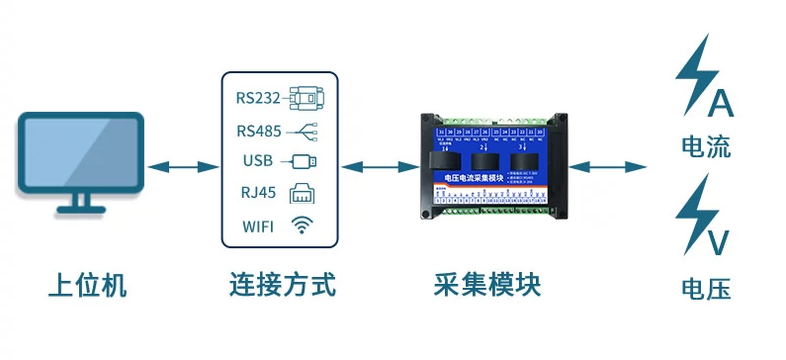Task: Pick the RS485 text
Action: pos(258,130)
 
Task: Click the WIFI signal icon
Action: pos(301,225)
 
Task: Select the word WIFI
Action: pos(259,226)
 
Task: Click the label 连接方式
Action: pos(280,286)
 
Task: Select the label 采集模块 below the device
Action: pos(487,286)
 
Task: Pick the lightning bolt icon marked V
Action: pos(700,218)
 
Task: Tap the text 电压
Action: pos(706,289)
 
